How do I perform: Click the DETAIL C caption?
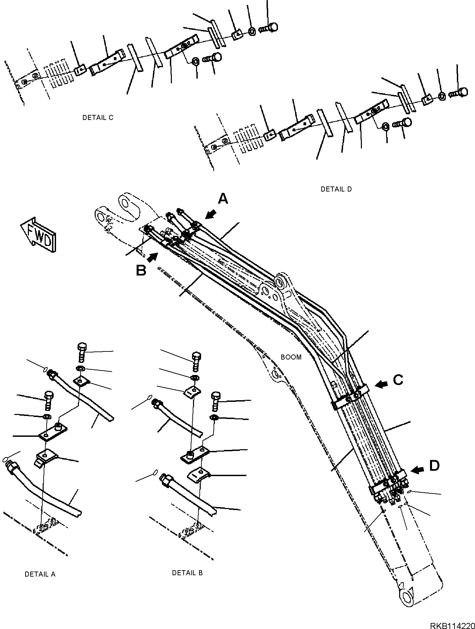pos(98,118)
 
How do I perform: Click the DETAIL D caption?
pos(336,189)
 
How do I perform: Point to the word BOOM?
pos(291,357)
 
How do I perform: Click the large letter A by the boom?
pos(223,199)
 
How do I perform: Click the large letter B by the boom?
pos(141,270)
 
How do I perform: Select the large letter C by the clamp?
pos(398,380)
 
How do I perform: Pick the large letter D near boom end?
pos(434,466)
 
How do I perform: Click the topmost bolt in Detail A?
pos(82,349)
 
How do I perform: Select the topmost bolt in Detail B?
pos(196,358)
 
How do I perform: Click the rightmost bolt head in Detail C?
pos(273,27)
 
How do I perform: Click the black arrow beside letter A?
pos(211,214)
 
